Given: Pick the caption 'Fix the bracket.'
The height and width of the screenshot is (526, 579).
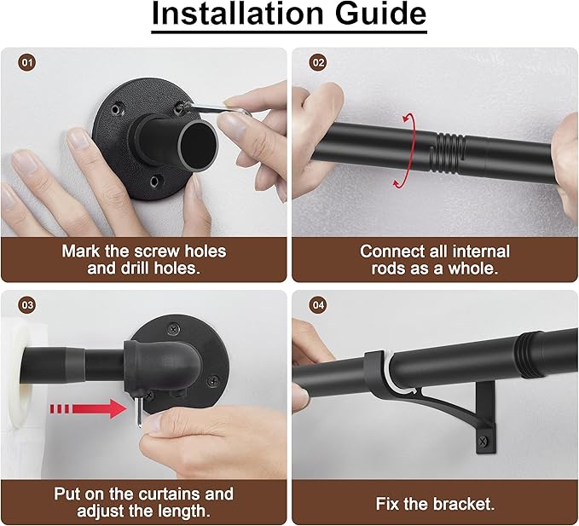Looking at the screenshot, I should pyautogui.click(x=434, y=503).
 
